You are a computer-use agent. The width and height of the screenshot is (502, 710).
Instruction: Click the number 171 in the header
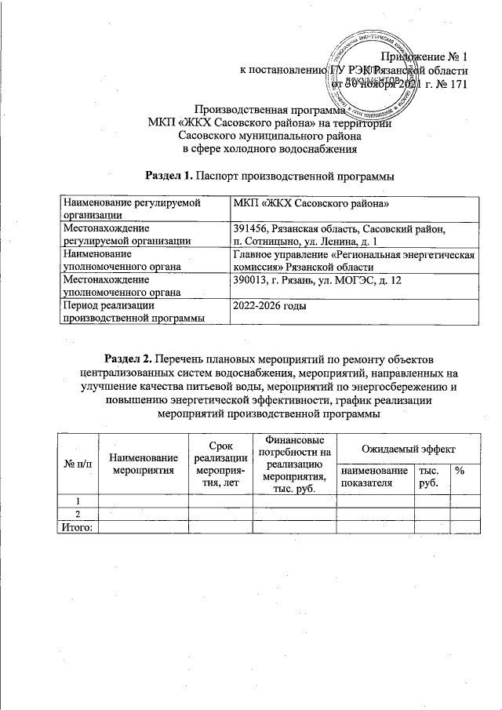coord(457,85)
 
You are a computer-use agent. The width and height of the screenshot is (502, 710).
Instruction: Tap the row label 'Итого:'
coord(77,526)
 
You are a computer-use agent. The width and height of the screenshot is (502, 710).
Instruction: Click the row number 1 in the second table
coord(77,501)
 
